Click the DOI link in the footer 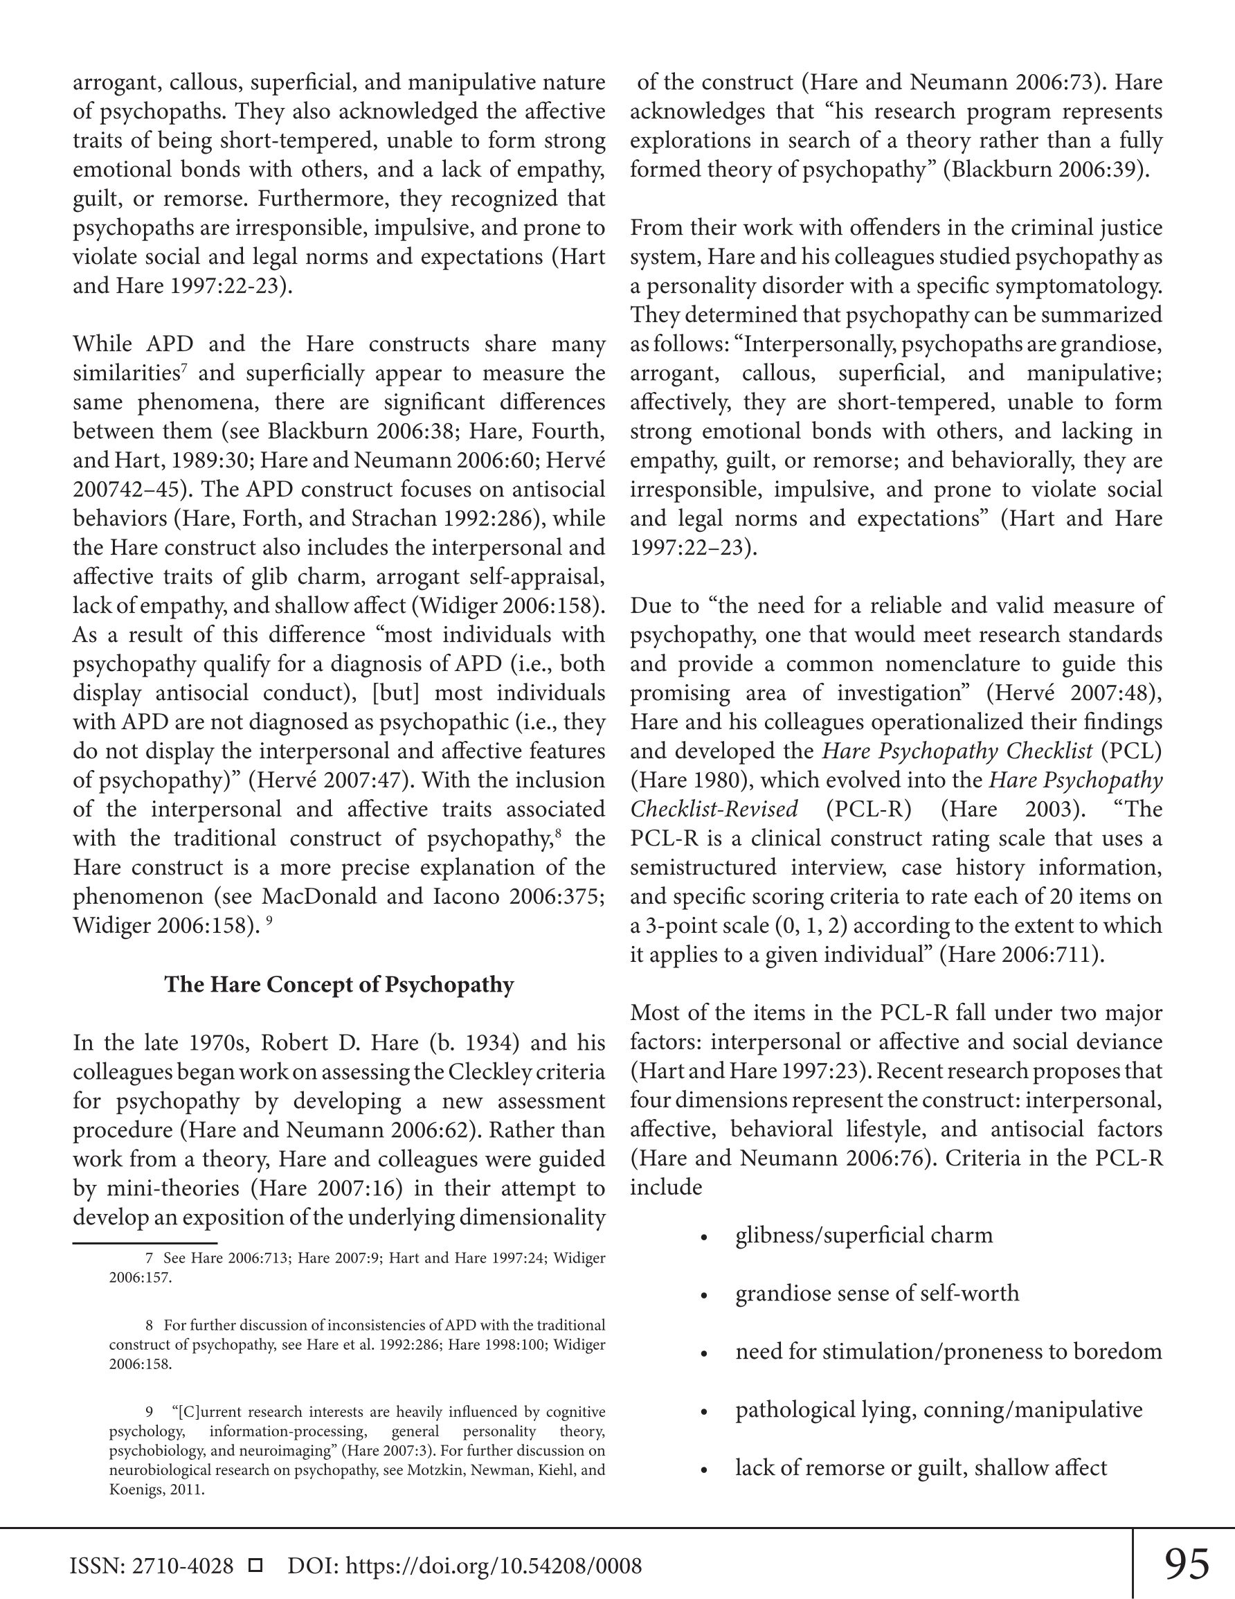(x=494, y=1566)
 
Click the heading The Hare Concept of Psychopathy (x=339, y=984)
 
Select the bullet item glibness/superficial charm (x=864, y=1235)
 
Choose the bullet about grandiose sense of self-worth (x=877, y=1293)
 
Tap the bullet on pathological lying (x=939, y=1409)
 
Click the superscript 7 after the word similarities (x=184, y=367)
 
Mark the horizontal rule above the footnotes (x=145, y=1242)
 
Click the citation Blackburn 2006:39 (x=1044, y=170)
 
